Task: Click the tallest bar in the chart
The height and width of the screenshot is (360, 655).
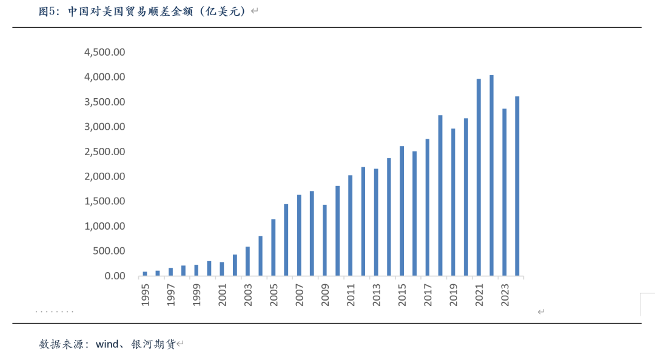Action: pyautogui.click(x=491, y=176)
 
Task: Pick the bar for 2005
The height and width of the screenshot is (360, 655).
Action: pyautogui.click(x=273, y=248)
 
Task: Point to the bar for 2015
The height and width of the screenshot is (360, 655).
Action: pyautogui.click(x=401, y=212)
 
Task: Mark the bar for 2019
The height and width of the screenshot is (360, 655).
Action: pyautogui.click(x=453, y=202)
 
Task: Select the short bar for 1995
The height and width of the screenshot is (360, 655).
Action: pyautogui.click(x=145, y=274)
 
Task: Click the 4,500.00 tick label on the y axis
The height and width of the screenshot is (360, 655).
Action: pyautogui.click(x=105, y=53)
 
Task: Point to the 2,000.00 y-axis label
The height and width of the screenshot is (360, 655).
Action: pyautogui.click(x=105, y=176)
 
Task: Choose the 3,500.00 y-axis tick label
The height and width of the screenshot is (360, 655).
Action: pyautogui.click(x=105, y=102)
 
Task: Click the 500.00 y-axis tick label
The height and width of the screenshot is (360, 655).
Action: pyautogui.click(x=109, y=251)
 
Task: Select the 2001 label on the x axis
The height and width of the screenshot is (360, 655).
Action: pyautogui.click(x=222, y=294)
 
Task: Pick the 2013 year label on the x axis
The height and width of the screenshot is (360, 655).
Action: pyautogui.click(x=376, y=294)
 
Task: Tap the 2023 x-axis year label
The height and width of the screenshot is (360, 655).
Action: pyautogui.click(x=505, y=294)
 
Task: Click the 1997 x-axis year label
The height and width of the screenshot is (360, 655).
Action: pyautogui.click(x=170, y=294)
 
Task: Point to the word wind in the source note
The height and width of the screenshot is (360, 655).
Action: pyautogui.click(x=107, y=344)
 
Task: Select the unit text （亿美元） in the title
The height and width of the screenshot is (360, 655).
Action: pyautogui.click(x=221, y=12)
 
